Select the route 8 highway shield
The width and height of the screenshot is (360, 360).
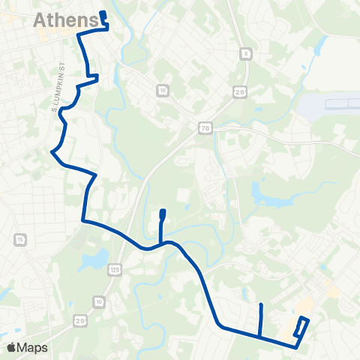(x=245, y=53)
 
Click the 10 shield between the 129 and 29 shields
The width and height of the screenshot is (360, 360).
(x=99, y=301)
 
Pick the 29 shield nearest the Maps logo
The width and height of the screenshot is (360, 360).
(x=79, y=319)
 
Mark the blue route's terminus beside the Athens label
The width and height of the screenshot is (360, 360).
(x=103, y=14)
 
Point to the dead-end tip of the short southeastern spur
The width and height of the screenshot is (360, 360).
(x=259, y=304)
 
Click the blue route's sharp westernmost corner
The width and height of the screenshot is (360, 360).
(x=52, y=152)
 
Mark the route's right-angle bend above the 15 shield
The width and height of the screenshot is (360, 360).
(x=83, y=220)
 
